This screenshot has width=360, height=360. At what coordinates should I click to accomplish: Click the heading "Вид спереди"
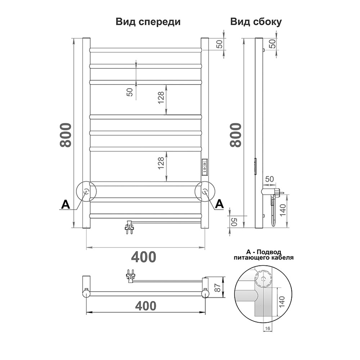[148, 22]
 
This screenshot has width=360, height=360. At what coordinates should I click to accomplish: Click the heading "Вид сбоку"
[256, 22]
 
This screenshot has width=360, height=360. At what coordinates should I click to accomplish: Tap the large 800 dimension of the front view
[66, 135]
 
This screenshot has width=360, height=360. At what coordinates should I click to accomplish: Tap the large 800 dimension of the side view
[236, 135]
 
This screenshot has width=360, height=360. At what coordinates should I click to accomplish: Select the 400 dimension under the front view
[144, 257]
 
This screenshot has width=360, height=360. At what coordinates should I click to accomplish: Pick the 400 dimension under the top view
[146, 306]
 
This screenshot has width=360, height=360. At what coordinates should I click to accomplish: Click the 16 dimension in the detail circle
[267, 329]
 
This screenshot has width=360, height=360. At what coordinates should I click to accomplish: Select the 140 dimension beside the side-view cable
[283, 210]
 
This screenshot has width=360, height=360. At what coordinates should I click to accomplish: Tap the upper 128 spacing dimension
[161, 97]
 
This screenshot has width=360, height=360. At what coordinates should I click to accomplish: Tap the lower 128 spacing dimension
[161, 163]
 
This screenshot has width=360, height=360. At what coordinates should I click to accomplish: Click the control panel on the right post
[204, 168]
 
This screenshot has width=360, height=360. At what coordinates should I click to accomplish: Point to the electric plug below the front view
[129, 227]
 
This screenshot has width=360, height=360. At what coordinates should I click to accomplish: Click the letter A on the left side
[66, 204]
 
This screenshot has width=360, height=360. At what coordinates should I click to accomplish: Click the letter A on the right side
[219, 204]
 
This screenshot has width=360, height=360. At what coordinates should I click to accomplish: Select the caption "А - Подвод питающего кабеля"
[264, 255]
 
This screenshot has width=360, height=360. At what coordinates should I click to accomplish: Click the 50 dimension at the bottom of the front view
[234, 222]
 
